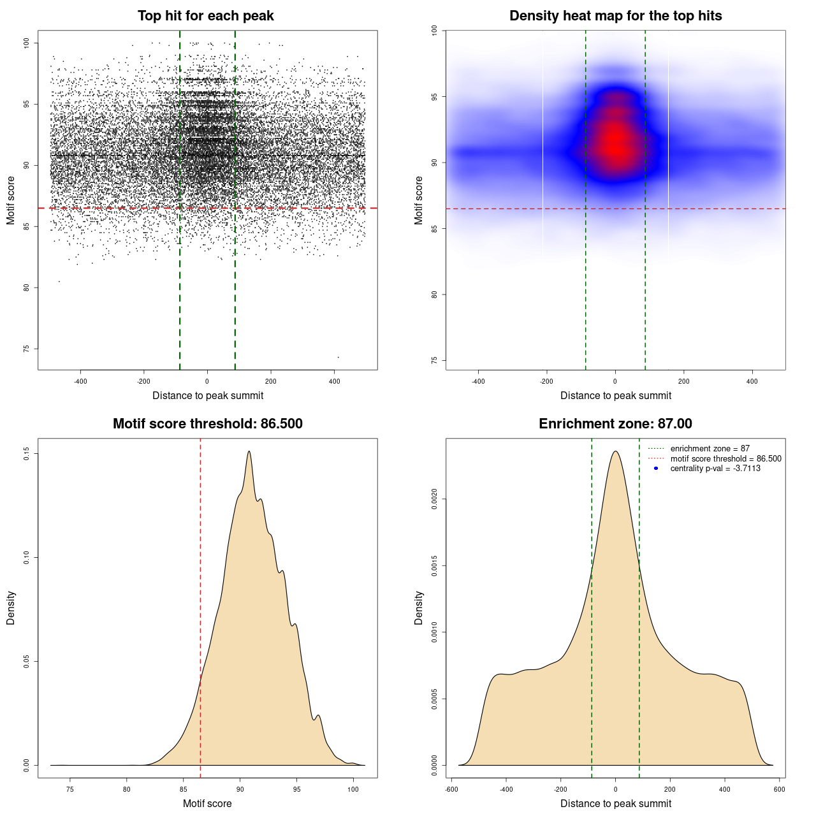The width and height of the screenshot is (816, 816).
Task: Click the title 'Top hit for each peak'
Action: (x=205, y=16)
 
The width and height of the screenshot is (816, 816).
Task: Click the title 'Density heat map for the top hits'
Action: (x=615, y=16)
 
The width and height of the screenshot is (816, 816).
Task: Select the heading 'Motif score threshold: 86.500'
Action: (x=207, y=424)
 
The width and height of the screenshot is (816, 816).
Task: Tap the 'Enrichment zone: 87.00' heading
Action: (x=615, y=424)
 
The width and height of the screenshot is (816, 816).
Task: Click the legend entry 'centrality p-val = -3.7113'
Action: (x=715, y=469)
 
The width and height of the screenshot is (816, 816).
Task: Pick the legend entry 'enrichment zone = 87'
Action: (x=710, y=449)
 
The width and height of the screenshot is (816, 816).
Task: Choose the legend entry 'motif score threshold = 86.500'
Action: (x=725, y=459)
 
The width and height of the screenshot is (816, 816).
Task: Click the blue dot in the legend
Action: (x=656, y=469)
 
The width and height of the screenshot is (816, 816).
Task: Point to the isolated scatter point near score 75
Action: (x=338, y=357)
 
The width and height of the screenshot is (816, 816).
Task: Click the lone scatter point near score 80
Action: (x=59, y=281)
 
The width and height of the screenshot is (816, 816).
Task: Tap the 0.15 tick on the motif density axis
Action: (x=27, y=453)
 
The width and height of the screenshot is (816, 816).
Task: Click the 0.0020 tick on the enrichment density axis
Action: (x=435, y=499)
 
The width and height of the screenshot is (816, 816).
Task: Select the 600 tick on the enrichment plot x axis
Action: (x=780, y=789)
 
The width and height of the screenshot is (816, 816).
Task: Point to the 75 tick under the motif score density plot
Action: (x=70, y=789)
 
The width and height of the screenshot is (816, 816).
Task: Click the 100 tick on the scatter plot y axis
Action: (x=27, y=43)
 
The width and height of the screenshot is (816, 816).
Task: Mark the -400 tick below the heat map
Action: (x=478, y=381)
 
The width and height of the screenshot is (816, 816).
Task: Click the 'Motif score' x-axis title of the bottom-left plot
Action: (x=207, y=803)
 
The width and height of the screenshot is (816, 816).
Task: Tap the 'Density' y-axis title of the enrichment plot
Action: (x=419, y=608)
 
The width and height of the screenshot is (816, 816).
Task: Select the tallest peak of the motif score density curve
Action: (x=249, y=451)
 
